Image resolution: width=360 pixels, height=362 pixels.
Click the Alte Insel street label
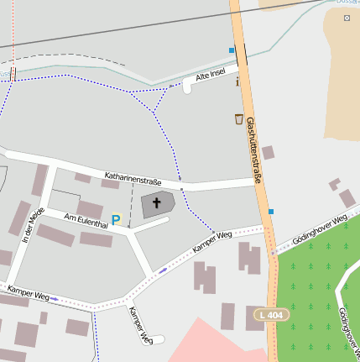(211, 76)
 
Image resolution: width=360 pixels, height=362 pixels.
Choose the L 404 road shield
(269, 314)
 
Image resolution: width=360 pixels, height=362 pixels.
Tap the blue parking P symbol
(117, 220)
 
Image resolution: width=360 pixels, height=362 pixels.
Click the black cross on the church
(157, 203)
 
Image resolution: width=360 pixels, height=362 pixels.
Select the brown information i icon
(238, 81)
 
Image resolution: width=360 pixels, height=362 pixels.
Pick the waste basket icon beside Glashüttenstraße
(239, 118)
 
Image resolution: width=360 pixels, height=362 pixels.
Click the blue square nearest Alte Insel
(232, 50)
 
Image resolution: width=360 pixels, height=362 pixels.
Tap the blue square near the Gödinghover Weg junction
(270, 212)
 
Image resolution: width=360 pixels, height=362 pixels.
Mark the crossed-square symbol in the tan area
(347, 18)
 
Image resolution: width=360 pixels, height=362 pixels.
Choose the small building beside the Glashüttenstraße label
(268, 153)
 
